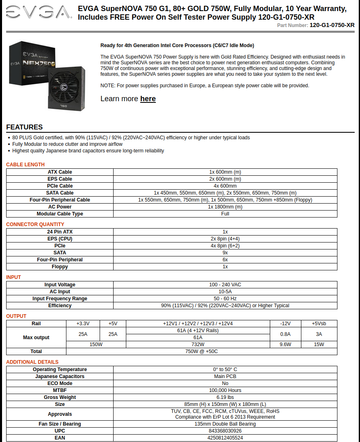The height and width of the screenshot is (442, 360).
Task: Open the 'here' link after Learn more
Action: [x=148, y=99]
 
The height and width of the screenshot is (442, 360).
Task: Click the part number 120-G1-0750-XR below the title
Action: [x=332, y=25]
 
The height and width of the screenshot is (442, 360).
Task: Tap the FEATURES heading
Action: [x=24, y=127]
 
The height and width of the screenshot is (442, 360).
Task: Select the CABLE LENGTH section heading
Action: [x=25, y=165]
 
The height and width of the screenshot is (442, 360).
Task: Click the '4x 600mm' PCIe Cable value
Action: [x=225, y=186]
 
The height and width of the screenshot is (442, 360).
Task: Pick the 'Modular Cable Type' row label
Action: [x=60, y=214]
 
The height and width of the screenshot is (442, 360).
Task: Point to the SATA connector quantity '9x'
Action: [x=225, y=253]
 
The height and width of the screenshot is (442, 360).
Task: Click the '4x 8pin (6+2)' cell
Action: [x=225, y=246]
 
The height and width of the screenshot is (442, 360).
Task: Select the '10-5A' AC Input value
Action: [x=225, y=292]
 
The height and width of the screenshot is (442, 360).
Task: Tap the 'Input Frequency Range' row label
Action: [x=60, y=299]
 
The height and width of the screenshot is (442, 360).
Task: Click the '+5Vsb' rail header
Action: [x=319, y=324]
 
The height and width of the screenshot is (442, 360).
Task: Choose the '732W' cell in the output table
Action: [x=198, y=345]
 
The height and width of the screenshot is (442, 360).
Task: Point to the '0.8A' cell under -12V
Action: [x=285, y=334]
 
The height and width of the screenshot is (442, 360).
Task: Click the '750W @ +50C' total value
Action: [x=201, y=351]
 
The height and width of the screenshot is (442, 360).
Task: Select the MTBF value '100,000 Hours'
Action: [x=225, y=390]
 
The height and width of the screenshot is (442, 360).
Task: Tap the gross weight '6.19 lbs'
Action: [x=225, y=397]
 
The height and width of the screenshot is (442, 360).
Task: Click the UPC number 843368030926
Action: [x=225, y=431]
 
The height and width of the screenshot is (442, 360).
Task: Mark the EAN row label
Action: [x=60, y=438]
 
